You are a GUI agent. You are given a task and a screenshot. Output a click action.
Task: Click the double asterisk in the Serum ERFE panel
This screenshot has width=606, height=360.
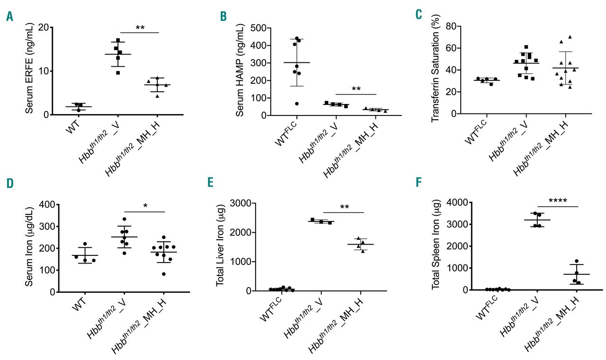tap(140, 28)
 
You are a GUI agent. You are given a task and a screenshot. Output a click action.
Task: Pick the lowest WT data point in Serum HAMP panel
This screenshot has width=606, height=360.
tap(297, 104)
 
